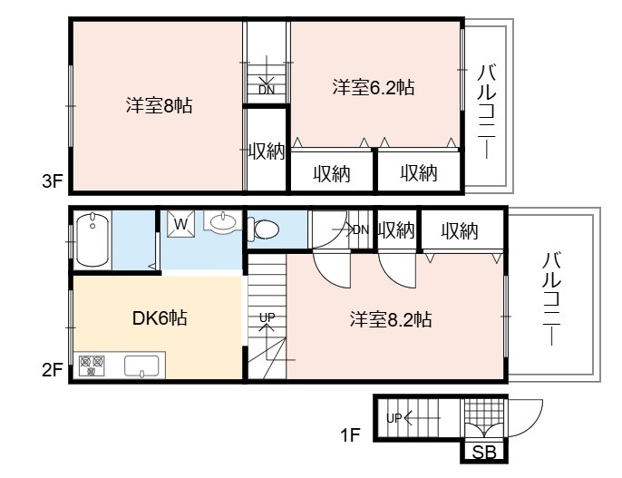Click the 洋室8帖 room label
(160, 106)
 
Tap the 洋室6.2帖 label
(374, 87)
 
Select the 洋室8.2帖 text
(391, 319)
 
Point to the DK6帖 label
(160, 317)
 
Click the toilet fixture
(263, 229)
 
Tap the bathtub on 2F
(92, 239)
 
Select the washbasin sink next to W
(222, 223)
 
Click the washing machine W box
(181, 224)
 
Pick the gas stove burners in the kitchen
(92, 366)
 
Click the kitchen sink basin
(141, 366)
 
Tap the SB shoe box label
(484, 453)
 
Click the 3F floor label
(53, 181)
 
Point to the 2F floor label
(53, 370)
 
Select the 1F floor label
(350, 435)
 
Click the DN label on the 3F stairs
(267, 90)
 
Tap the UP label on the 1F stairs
(394, 418)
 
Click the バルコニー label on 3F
(487, 112)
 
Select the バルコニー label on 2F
(551, 298)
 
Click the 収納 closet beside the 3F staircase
(267, 151)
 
